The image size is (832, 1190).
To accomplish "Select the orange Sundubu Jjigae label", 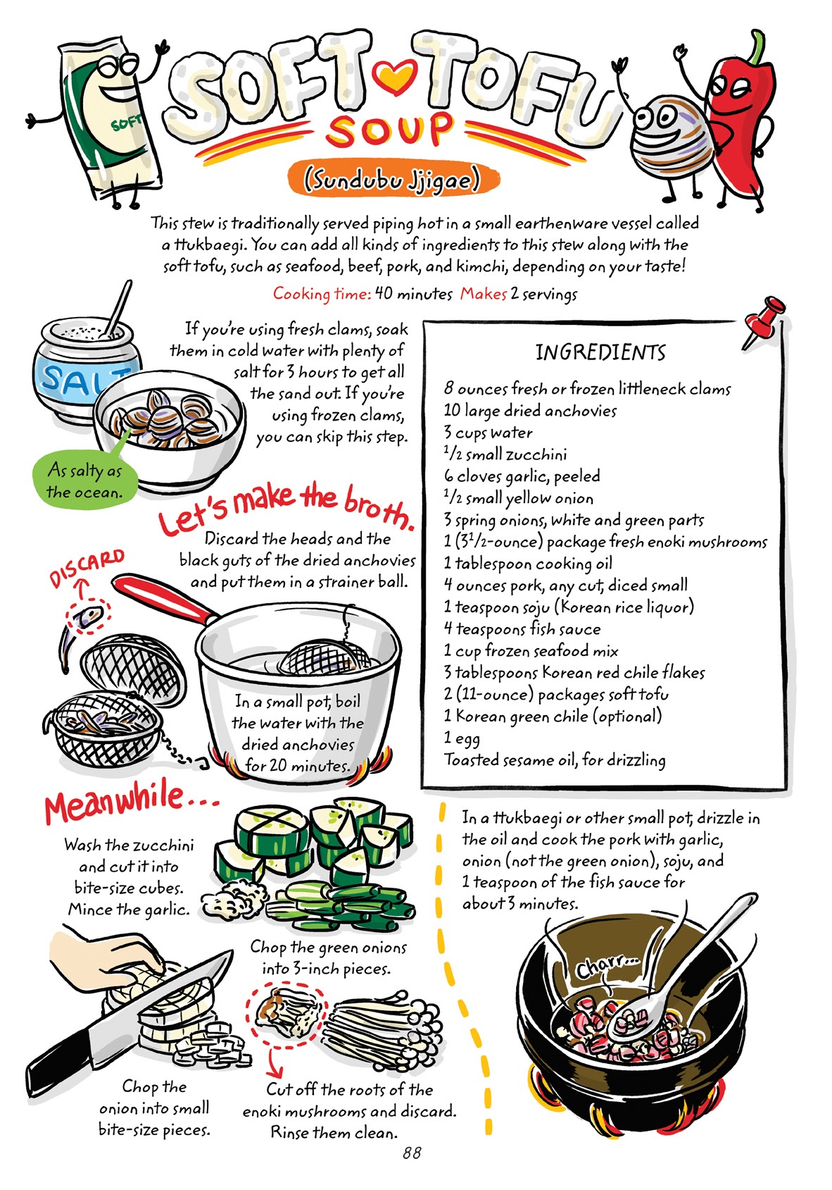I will click(392, 180).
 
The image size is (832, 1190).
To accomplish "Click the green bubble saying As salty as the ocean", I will click(84, 481).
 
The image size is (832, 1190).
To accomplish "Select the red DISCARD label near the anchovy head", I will click(86, 568).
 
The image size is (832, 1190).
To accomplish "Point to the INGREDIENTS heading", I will click(600, 352).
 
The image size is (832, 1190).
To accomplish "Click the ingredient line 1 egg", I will click(462, 738).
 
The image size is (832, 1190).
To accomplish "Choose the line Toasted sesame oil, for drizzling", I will click(554, 760).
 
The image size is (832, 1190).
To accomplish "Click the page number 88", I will click(412, 1153).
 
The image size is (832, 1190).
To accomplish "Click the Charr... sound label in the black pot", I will click(607, 969).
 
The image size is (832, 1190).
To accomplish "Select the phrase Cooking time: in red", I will click(322, 294).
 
